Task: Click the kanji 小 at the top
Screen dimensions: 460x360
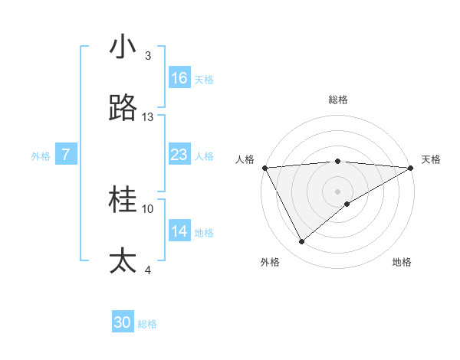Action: point(123,47)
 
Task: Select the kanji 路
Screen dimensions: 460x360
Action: point(123,109)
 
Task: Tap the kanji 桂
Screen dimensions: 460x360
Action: point(123,201)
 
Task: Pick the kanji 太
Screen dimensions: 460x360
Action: point(123,261)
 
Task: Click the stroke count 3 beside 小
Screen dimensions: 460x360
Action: point(148,56)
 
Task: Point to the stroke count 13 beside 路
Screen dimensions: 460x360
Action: point(148,117)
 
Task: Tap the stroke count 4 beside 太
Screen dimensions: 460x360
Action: point(148,270)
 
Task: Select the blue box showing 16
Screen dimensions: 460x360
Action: point(179,78)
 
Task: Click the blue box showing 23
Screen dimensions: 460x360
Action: point(179,155)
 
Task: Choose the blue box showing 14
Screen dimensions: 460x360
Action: point(179,231)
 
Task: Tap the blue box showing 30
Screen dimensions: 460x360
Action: point(123,322)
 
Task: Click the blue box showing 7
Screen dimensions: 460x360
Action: point(67,155)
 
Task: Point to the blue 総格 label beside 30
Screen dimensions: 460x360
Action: point(148,324)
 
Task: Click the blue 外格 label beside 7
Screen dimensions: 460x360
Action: point(41,156)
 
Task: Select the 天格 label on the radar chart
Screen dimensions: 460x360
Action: point(432,159)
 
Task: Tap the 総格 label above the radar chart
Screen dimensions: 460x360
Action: point(338,100)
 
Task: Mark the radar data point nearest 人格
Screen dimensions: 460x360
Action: point(264,168)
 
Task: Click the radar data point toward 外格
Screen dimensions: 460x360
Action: point(301,242)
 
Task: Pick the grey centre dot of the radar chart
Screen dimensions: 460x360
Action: point(338,191)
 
